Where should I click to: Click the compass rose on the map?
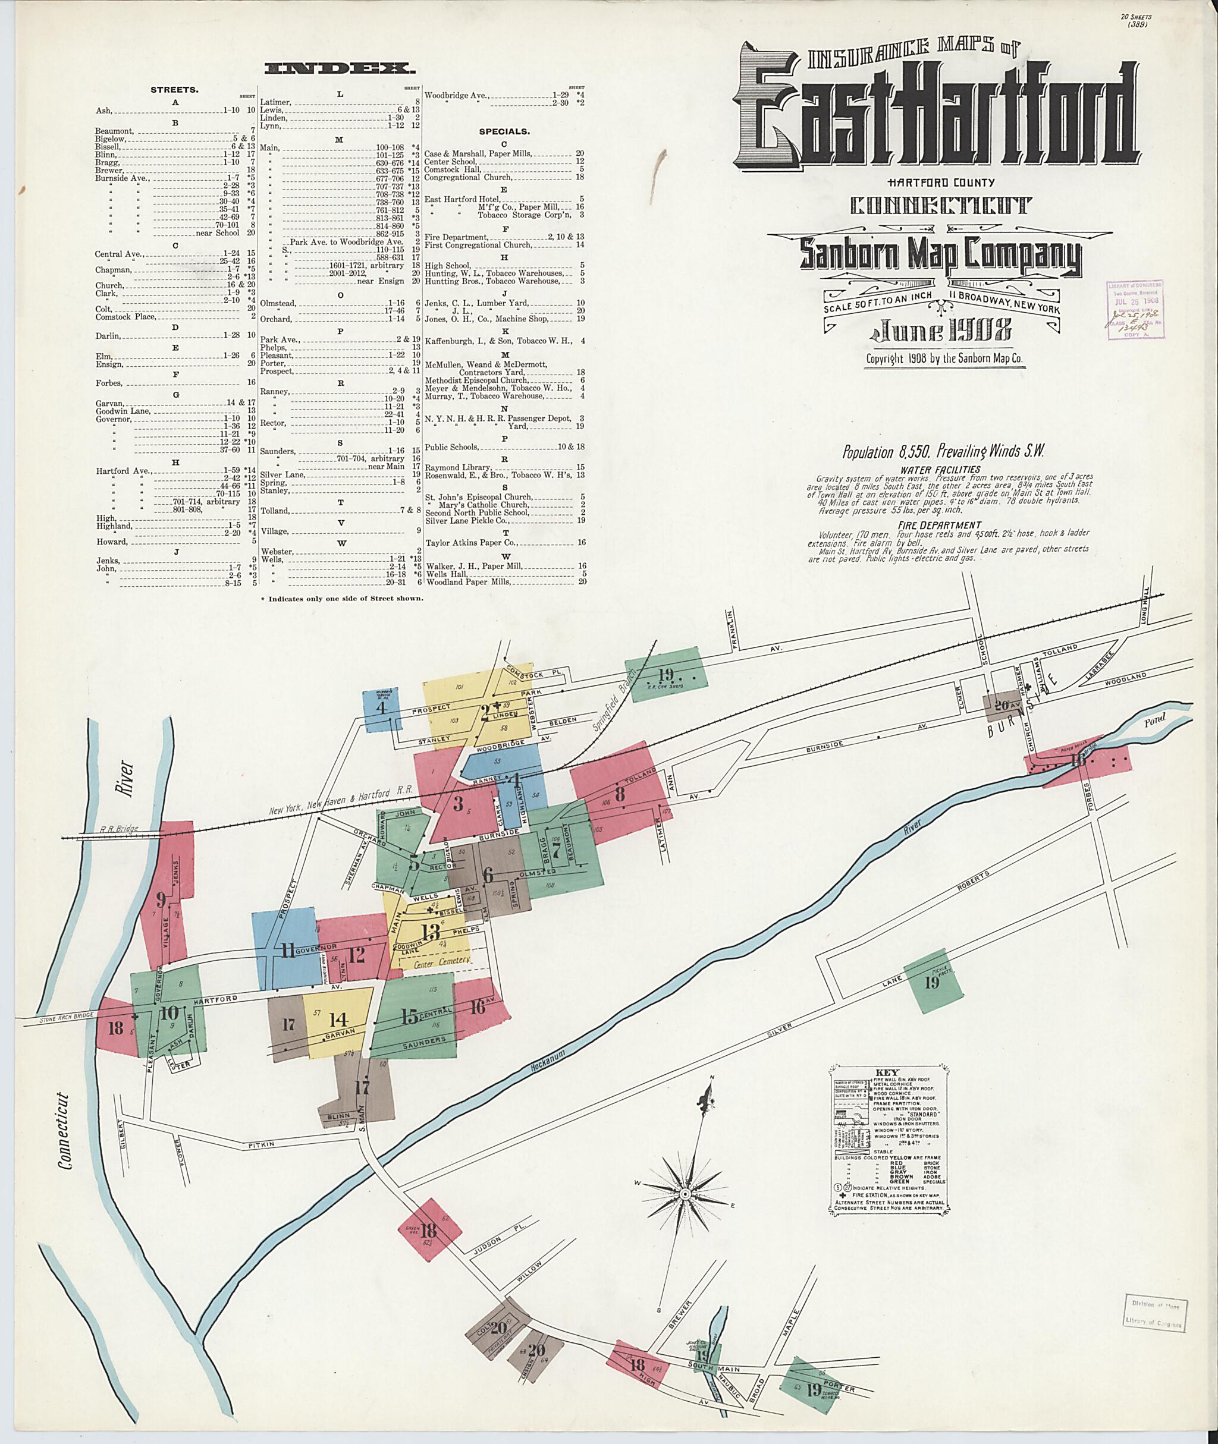point(685,1194)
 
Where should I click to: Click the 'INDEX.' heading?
point(340,68)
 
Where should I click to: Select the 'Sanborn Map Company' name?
point(940,256)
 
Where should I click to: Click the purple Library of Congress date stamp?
point(1135,310)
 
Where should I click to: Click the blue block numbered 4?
point(382,710)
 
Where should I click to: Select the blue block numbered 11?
point(284,948)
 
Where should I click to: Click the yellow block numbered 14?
point(337,1020)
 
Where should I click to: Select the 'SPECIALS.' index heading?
point(504,131)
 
